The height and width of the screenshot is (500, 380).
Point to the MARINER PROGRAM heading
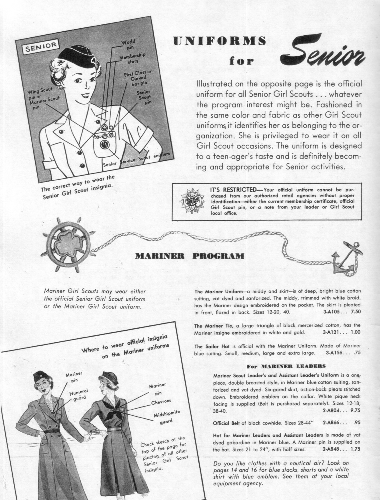point(189,256)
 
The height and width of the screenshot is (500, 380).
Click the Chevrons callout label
point(161,403)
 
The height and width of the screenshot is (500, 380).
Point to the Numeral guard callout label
point(78,394)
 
